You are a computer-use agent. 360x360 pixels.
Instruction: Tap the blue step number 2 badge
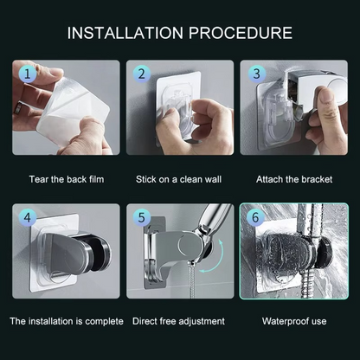[x=141, y=75]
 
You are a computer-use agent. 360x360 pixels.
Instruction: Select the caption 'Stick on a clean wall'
[x=179, y=179]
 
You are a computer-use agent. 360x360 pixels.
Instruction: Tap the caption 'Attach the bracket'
[x=293, y=179]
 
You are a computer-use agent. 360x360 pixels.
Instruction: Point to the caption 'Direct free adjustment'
[x=179, y=321]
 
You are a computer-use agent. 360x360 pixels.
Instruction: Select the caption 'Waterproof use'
[x=293, y=321]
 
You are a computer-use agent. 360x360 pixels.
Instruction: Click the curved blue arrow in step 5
[x=223, y=260]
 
